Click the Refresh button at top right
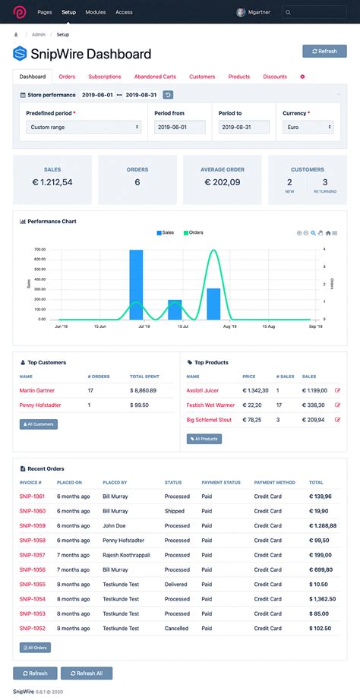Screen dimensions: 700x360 324,52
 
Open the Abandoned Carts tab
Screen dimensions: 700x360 154,77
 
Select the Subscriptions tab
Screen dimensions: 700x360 104,77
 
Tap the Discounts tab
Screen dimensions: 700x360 275,77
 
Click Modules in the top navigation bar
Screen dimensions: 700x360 96,12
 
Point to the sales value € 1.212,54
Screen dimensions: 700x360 52,182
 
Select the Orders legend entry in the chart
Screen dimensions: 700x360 192,232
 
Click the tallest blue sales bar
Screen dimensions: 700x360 136,284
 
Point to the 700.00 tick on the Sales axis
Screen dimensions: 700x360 40,250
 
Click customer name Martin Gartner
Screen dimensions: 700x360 37,390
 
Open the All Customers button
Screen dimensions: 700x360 38,424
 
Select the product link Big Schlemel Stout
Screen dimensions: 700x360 209,419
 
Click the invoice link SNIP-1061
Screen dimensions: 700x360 33,497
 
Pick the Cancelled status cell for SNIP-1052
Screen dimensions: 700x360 177,628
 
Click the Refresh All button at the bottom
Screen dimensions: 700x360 91,673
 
